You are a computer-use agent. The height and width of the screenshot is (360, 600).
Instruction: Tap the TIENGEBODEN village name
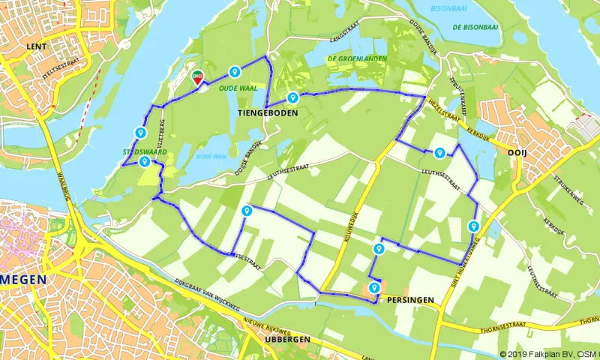point(268,113)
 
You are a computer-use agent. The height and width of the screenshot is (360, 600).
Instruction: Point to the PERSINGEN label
point(411,299)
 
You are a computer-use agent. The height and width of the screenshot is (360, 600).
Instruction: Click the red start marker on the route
point(197,76)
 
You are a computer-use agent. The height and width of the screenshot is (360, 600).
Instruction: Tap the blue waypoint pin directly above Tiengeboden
point(292,97)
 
